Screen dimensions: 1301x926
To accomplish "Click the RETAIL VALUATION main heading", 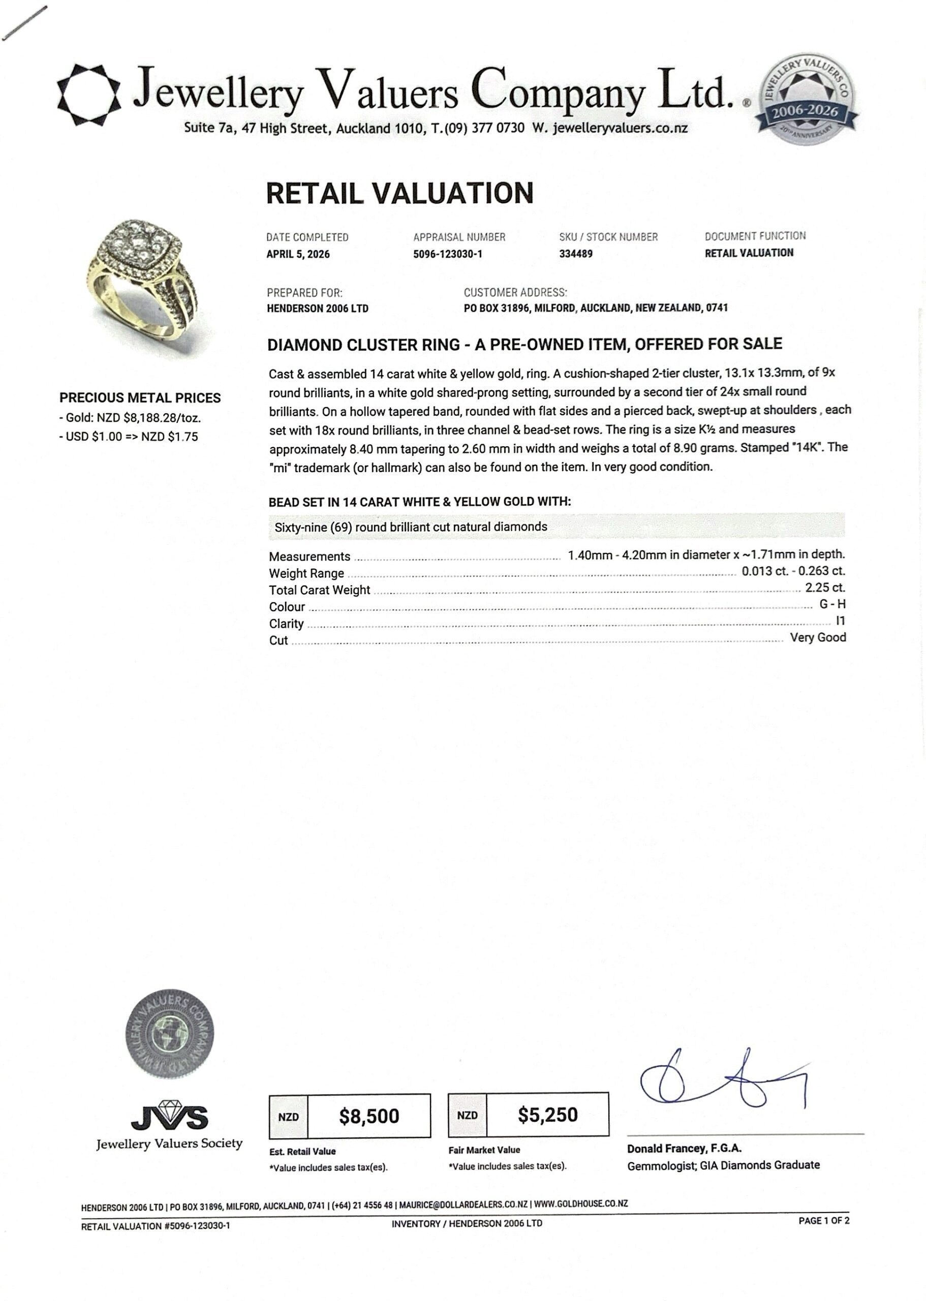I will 399,193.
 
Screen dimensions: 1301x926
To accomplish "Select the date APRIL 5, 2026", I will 298,254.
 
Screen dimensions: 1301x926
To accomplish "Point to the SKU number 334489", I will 575,254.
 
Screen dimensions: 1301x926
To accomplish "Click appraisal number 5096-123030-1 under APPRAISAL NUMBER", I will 448,254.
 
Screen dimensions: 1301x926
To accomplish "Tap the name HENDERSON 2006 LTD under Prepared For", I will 318,308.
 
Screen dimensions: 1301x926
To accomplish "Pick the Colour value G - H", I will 832,604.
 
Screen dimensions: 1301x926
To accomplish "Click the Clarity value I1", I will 840,621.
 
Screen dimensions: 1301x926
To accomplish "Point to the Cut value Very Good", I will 818,637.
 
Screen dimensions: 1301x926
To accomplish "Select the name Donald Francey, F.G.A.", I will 684,1149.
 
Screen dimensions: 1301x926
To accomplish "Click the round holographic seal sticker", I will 169,1034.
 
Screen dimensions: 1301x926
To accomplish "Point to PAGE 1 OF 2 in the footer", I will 823,1221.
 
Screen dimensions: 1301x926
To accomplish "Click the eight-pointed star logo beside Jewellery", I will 89,95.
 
